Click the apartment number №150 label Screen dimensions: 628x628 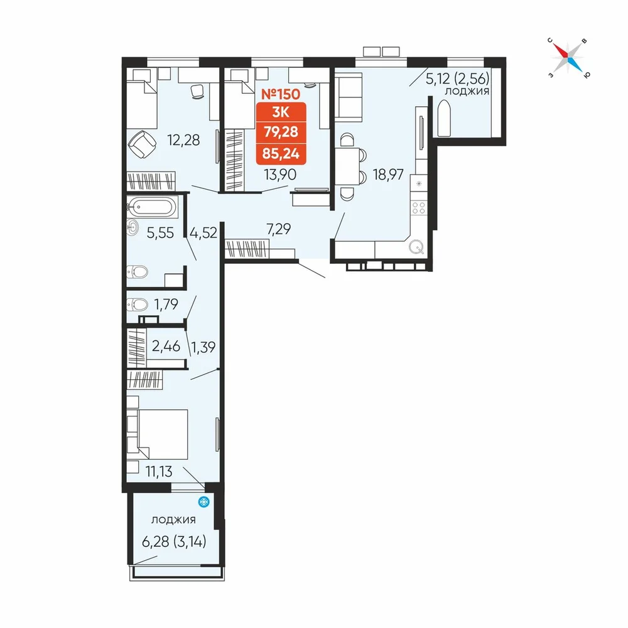[x=280, y=94]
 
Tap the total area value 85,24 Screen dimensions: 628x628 [x=281, y=153]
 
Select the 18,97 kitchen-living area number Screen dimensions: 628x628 [x=388, y=175]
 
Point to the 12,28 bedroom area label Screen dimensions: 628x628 [x=183, y=140]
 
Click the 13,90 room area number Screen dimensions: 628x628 [x=280, y=175]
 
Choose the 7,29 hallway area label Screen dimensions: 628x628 [x=278, y=229]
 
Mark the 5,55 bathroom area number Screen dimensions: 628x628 [x=160, y=233]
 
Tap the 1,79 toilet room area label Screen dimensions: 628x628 [x=166, y=305]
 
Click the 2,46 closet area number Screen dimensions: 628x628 [x=166, y=345]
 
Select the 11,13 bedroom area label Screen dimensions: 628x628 [x=159, y=472]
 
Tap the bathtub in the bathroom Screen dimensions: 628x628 [x=152, y=207]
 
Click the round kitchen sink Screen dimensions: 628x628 [x=416, y=247]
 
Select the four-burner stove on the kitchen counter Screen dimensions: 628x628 [x=419, y=207]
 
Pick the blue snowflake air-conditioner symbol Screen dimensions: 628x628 [x=204, y=501]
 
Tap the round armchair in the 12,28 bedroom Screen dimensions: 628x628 [x=142, y=144]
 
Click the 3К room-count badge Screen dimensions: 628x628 [x=281, y=112]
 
